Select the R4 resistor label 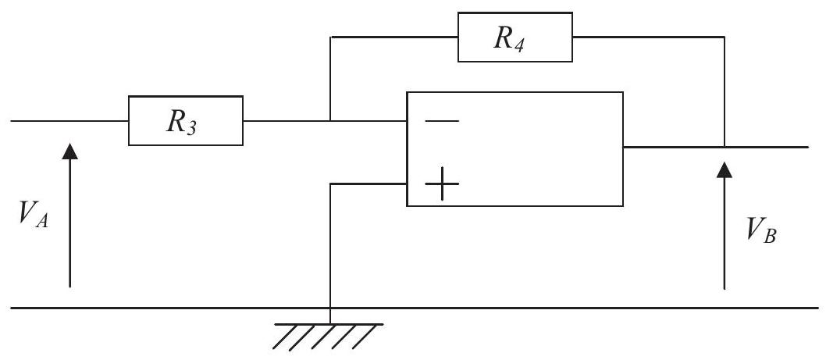(509, 38)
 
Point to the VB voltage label (761, 230)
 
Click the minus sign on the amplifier (441, 121)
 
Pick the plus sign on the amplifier (441, 184)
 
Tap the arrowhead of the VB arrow (725, 170)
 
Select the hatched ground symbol (328, 337)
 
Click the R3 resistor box (186, 121)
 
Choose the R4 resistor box (514, 37)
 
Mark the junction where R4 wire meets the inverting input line (330, 121)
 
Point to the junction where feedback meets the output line (725, 147)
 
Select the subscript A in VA (42, 221)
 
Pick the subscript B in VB (770, 237)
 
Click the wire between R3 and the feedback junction (287, 121)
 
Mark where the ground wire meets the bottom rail (329, 308)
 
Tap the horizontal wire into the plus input (368, 184)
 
